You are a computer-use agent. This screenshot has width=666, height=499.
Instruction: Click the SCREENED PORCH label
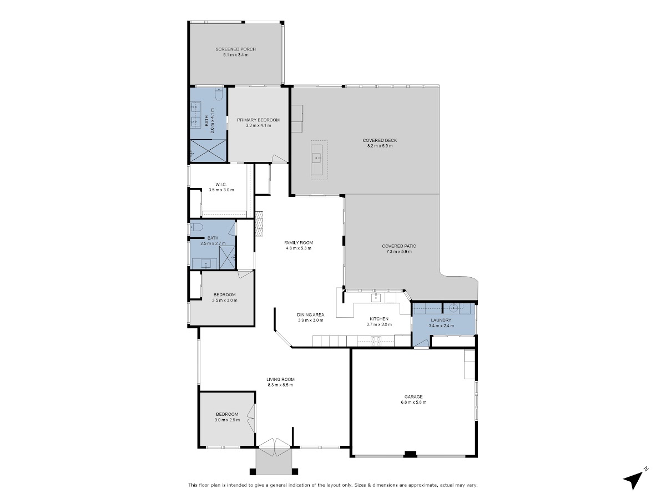click(235, 49)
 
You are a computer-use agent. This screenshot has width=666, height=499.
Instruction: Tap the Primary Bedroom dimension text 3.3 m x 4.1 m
click(258, 125)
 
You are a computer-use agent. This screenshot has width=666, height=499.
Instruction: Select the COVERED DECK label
click(380, 140)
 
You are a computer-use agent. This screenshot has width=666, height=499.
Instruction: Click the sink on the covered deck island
click(317, 158)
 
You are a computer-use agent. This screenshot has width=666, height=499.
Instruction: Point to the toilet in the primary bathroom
click(219, 94)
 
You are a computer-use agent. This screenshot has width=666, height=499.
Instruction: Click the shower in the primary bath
click(208, 151)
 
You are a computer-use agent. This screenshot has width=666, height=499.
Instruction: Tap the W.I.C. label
click(221, 184)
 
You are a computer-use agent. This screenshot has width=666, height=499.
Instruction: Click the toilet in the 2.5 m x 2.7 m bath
click(196, 227)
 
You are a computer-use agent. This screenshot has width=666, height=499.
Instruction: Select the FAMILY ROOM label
click(299, 242)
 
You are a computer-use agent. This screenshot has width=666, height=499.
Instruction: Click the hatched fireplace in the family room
click(259, 223)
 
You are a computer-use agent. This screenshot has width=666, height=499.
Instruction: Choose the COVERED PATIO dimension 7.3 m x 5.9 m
click(399, 252)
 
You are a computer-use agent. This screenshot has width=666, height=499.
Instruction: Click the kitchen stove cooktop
click(376, 341)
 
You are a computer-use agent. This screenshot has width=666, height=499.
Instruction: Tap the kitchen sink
click(376, 298)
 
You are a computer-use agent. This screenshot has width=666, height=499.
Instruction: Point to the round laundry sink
click(453, 308)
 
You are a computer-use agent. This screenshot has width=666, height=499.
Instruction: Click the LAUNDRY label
click(441, 320)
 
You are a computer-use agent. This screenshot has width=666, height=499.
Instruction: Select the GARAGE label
click(413, 396)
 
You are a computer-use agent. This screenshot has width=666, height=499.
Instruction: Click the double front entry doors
click(275, 451)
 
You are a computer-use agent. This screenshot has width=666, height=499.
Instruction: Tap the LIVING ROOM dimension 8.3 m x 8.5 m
click(280, 385)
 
